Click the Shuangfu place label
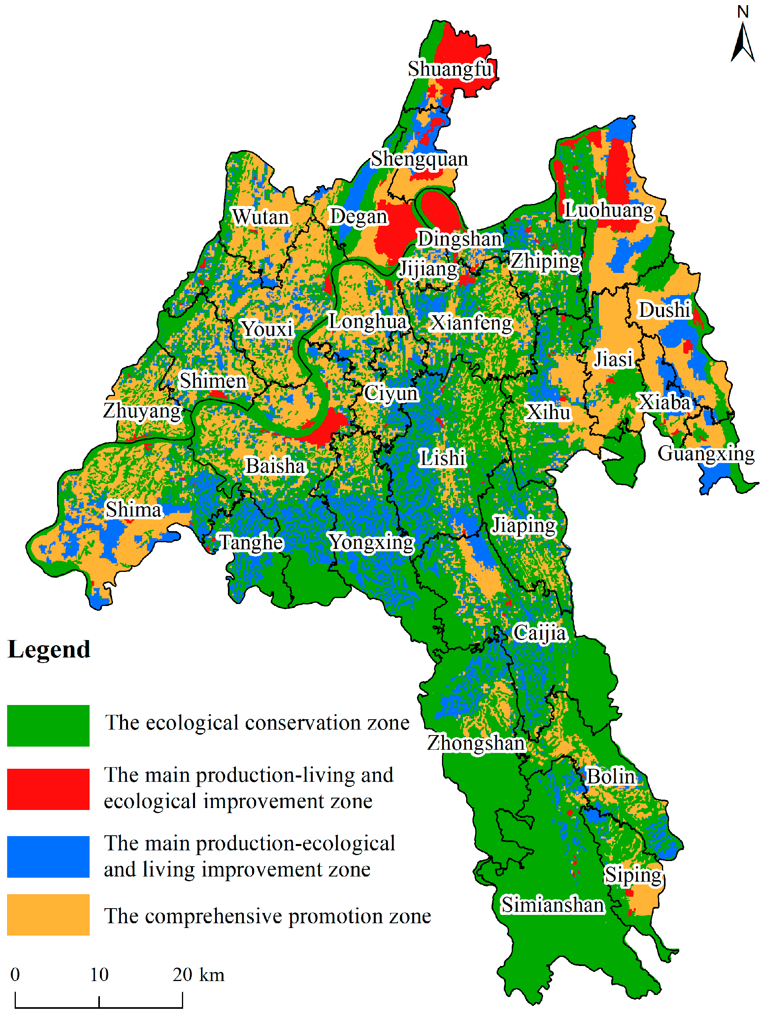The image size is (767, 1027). point(450,69)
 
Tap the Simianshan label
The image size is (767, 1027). point(553,905)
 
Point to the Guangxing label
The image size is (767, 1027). point(706,453)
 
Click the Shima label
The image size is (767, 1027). point(134,509)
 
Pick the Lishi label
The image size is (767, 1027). point(442,458)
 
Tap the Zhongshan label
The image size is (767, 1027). point(476,743)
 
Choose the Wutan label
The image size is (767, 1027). point(261,217)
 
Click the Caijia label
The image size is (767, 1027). point(539,633)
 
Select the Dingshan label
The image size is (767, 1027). point(460,239)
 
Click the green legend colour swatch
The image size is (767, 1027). point(48,726)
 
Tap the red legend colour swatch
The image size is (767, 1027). point(48,789)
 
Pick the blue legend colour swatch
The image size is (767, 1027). point(48,857)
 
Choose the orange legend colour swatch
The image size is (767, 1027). point(48,915)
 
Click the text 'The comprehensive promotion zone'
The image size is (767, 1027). point(268,916)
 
